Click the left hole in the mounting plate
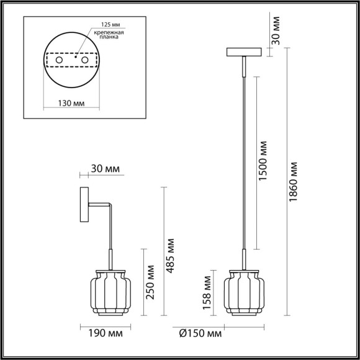pos(59,61)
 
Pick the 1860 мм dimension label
pos(294,180)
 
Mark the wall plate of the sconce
pos(83,207)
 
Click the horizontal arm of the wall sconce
pos(99,206)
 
